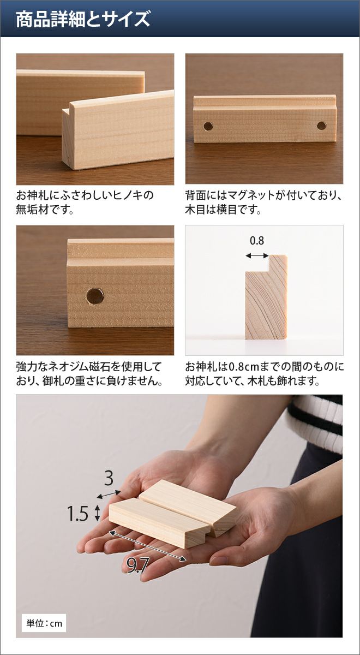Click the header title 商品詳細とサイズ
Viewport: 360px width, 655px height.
[x=83, y=19]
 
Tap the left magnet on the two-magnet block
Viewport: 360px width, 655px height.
[x=208, y=126]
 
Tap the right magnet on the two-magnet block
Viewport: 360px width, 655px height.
[x=322, y=126]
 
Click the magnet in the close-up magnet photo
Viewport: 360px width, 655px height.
[x=95, y=296]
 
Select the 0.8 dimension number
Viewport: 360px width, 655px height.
[x=257, y=241]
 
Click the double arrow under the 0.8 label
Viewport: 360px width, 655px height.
[x=257, y=256]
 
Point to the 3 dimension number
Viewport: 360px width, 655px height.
[x=109, y=479]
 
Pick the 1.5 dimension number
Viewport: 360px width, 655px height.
[x=77, y=513]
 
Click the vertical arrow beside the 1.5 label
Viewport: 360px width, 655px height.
[x=97, y=513]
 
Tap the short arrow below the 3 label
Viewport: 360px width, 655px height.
[x=109, y=494]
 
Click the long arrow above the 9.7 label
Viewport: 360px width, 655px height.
[x=148, y=546]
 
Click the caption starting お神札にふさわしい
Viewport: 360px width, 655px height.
[x=85, y=203]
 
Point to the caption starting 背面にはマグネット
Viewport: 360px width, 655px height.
[x=263, y=203]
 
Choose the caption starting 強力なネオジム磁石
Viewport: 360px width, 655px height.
[x=89, y=374]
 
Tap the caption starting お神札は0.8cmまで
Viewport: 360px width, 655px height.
[x=265, y=374]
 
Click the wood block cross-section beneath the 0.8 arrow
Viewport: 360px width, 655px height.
[x=266, y=297]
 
